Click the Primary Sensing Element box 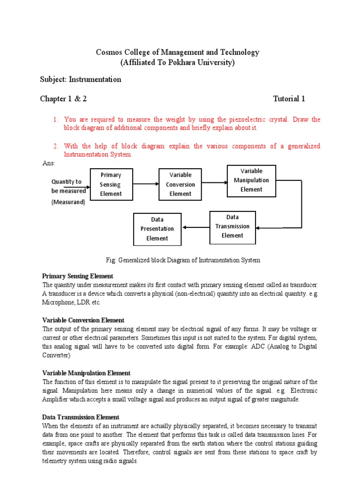pyautogui.click(x=111, y=184)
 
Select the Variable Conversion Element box pyautogui.click(x=180, y=184)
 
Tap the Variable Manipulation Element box pyautogui.click(x=251, y=180)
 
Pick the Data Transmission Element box pyautogui.click(x=232, y=227)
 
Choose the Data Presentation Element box pyautogui.click(x=157, y=229)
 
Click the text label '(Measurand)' pyautogui.click(x=68, y=202)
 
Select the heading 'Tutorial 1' pyautogui.click(x=289, y=98)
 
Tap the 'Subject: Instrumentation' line pyautogui.click(x=81, y=79)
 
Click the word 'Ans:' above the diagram pyautogui.click(x=49, y=163)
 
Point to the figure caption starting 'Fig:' pyautogui.click(x=183, y=260)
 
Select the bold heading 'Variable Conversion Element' pyautogui.click(x=83, y=320)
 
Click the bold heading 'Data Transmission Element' pyautogui.click(x=81, y=417)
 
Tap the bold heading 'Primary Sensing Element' pyautogui.click(x=78, y=276)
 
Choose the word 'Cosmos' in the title pyautogui.click(x=109, y=52)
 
